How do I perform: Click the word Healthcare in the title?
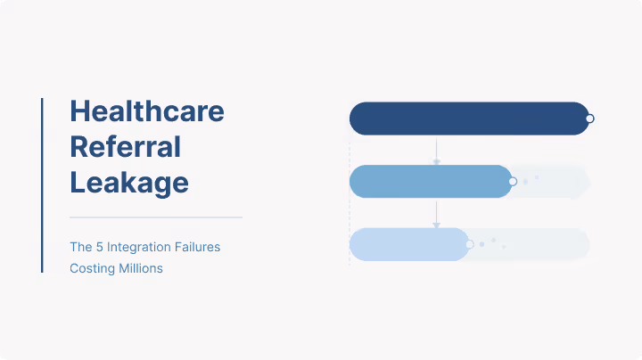147,111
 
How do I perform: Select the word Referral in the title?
125,146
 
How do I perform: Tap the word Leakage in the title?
129,182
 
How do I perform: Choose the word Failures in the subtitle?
196,247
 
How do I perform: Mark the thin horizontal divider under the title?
156,217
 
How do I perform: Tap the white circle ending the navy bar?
589,119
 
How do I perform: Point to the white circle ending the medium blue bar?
513,181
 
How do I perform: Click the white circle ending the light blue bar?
469,244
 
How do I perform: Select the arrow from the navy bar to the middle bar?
436,151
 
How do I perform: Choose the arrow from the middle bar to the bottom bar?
436,213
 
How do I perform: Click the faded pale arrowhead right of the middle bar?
584,182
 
